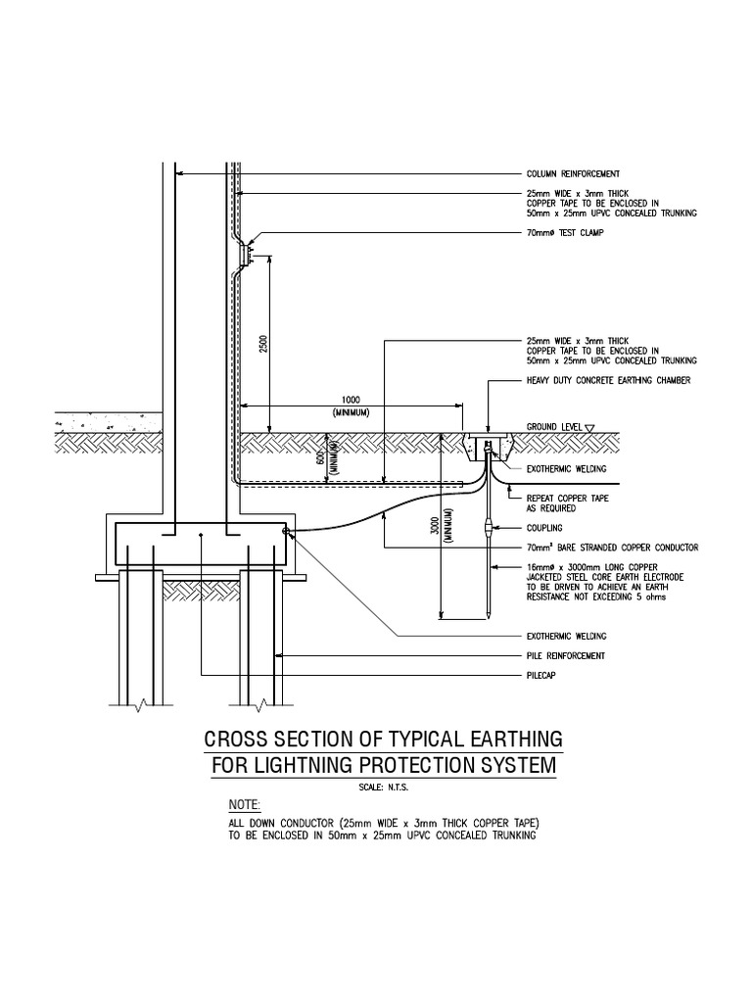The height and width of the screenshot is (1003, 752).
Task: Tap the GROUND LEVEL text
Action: [x=554, y=427]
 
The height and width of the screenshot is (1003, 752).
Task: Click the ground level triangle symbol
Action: [x=590, y=427]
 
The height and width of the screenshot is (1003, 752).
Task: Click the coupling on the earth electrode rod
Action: [x=489, y=529]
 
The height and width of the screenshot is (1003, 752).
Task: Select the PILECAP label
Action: [x=542, y=676]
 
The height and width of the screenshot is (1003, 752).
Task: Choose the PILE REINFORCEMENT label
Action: [x=566, y=655]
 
